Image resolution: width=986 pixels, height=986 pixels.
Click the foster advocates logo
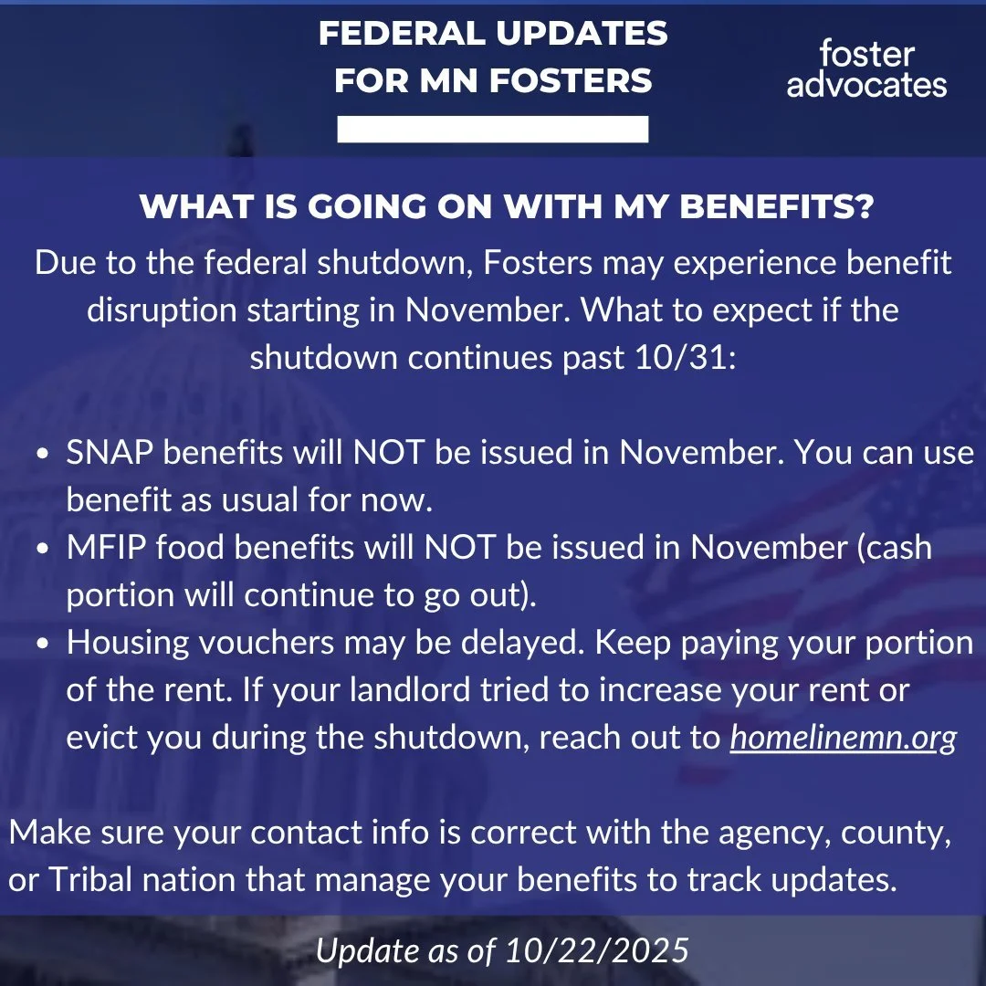[866, 68]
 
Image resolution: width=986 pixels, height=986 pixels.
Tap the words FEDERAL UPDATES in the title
[493, 34]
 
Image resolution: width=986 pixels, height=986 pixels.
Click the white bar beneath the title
[493, 129]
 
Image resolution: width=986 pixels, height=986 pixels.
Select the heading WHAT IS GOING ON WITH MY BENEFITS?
[507, 207]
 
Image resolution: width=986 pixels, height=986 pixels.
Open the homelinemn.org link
[843, 738]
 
